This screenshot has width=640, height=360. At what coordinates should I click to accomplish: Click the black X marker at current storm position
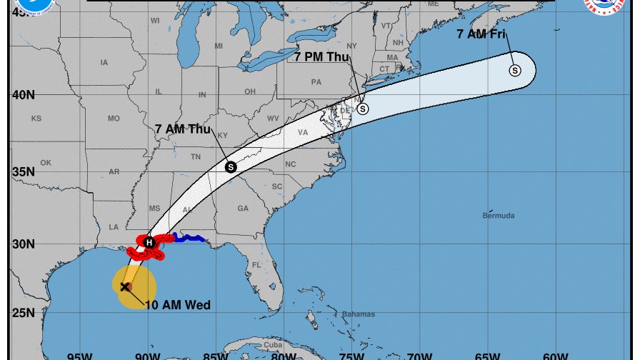coord(125,286)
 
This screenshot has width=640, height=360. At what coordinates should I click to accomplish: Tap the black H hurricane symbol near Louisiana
coord(149,242)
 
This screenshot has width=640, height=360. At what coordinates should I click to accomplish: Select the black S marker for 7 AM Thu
coord(230,167)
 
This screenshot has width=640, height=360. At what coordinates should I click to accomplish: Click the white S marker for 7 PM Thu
coord(363,109)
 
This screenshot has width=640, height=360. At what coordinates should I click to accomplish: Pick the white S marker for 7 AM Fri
coord(514,70)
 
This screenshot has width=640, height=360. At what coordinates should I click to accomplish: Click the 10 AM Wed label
coord(178,305)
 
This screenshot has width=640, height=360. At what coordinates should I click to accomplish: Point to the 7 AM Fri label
coord(481,33)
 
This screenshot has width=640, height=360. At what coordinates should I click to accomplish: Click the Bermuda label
coord(498,216)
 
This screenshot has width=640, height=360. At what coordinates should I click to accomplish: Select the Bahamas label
coord(358,314)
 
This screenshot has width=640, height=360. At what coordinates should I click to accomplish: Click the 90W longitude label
coord(147,356)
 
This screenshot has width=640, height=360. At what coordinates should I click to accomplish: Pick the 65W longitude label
coord(487,356)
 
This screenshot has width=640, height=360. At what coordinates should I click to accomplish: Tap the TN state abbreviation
coord(195,157)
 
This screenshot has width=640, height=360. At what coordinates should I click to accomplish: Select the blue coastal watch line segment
coord(189,239)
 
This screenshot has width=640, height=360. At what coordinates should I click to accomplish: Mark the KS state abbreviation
coord(36,118)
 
